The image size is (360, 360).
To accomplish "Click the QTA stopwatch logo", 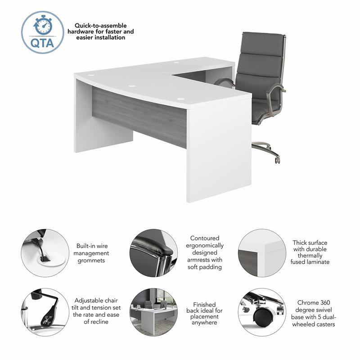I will (x=43, y=32).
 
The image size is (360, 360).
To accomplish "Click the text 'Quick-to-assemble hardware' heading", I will (x=101, y=31).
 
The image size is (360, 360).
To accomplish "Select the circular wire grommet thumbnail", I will (x=45, y=253).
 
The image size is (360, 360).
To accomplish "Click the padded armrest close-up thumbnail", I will (x=153, y=253).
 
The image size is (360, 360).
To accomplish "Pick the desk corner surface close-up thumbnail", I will (x=262, y=253).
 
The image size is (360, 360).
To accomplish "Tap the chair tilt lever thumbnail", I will (x=45, y=312).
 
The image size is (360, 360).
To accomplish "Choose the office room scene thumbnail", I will (x=153, y=312).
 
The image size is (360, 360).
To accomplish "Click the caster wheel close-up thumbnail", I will (x=262, y=312).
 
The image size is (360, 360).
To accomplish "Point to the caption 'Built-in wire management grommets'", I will (x=93, y=253).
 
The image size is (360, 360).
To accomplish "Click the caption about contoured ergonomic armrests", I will (x=205, y=252).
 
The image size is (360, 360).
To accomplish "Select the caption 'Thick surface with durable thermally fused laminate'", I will (x=310, y=252).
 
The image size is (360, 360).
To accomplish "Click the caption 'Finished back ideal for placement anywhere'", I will (x=204, y=313).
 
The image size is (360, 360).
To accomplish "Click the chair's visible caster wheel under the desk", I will (x=277, y=159).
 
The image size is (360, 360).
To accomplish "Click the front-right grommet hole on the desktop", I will (x=180, y=99).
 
